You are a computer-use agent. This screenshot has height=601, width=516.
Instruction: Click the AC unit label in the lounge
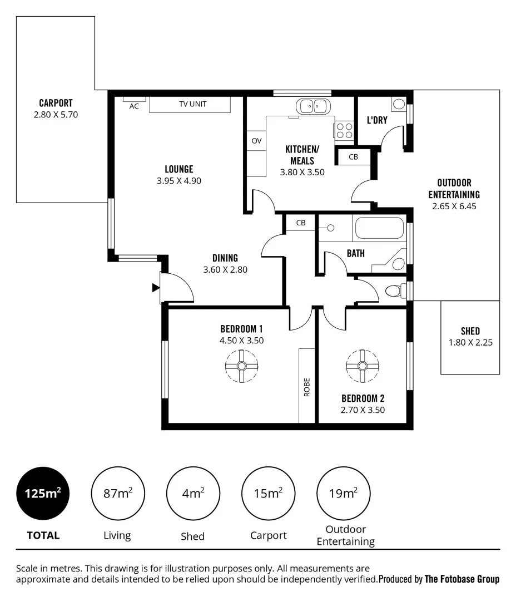[x=134, y=106]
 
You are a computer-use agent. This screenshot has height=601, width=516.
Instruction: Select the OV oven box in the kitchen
[x=256, y=141]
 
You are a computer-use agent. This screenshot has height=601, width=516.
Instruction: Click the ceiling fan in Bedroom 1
[x=242, y=366]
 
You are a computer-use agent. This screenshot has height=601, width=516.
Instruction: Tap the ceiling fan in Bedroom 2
[x=363, y=366]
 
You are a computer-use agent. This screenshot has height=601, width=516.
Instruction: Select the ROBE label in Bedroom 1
[x=307, y=387]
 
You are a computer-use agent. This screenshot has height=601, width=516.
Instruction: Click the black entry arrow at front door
[x=156, y=288]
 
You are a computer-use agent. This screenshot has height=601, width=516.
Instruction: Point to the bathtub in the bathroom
[x=379, y=228]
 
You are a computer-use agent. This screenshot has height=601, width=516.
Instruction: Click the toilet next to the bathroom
[x=395, y=290]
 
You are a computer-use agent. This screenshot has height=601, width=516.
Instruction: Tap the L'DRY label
[x=377, y=120]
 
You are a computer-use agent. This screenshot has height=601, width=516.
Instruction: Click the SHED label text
[x=470, y=331]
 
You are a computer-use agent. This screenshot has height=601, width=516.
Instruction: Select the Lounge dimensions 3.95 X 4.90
[x=178, y=181]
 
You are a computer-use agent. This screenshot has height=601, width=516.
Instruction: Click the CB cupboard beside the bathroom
[x=301, y=223]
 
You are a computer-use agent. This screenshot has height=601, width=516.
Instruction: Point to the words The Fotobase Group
[x=462, y=579]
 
